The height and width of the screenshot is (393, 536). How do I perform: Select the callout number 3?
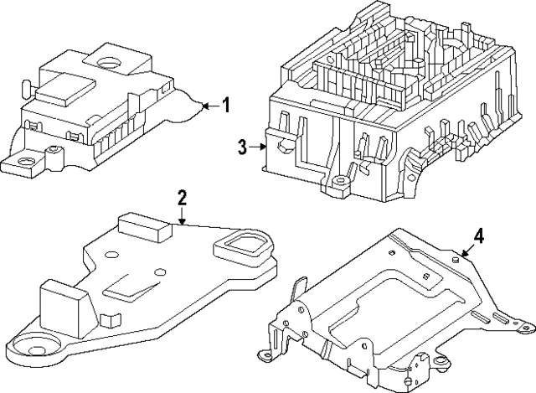click(x=242, y=147)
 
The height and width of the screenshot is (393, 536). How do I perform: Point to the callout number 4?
click(x=477, y=237)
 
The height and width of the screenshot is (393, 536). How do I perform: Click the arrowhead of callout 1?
click(x=204, y=106)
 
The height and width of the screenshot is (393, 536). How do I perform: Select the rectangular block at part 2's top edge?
click(x=142, y=225)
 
